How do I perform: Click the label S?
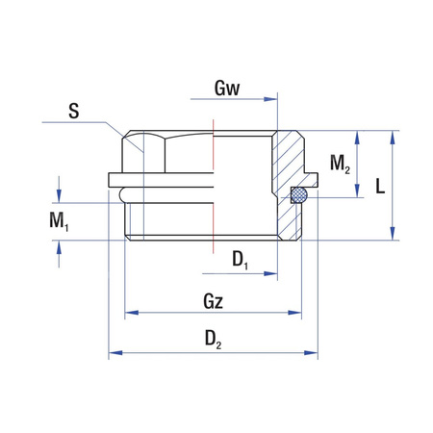tap(73, 112)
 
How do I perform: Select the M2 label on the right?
tap(340, 164)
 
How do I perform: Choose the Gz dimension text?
tap(214, 301)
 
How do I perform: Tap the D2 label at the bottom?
tap(214, 340)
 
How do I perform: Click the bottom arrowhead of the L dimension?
tap(394, 235)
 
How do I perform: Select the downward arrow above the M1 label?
tap(60, 196)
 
